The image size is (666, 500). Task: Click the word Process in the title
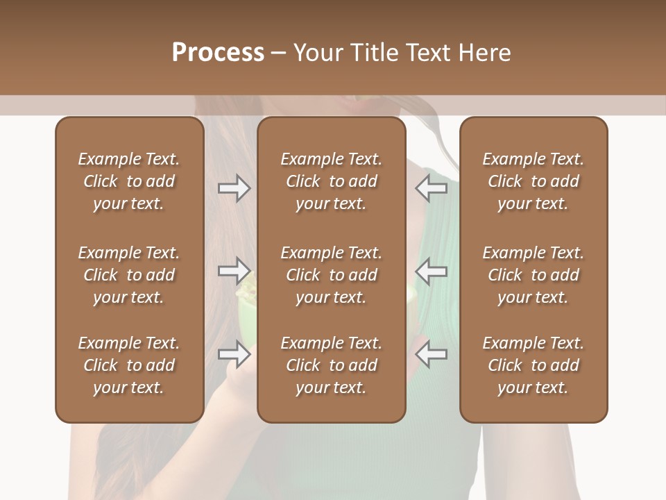pos(218,53)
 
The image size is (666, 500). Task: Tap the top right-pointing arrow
pos(234,188)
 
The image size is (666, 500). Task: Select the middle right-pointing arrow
pos(234,271)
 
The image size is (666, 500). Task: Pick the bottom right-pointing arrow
pos(234,354)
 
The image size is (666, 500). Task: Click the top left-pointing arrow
pos(431,188)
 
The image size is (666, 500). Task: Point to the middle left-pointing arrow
pos(431,271)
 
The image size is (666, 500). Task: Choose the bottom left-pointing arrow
pos(431,354)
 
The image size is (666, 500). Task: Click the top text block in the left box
pos(129,181)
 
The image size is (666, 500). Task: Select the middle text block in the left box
pos(129,275)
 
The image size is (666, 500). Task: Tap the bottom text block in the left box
pos(129,365)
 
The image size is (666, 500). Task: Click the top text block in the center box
pos(331,181)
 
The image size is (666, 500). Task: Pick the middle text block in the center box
pos(331,275)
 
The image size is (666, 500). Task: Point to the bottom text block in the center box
pos(331,365)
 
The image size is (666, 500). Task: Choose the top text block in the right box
pos(533,181)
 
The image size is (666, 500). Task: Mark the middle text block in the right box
pos(533,275)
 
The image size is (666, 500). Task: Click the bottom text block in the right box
pos(533,365)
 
